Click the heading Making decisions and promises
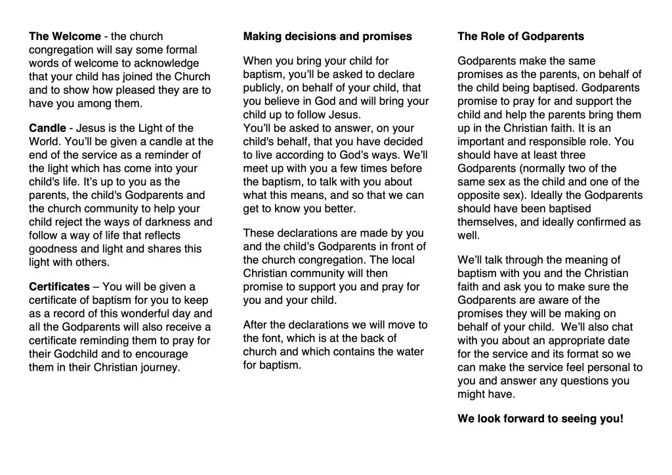coord(327,36)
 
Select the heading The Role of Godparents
coord(520,36)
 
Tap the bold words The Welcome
coord(65,36)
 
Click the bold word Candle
coord(47,128)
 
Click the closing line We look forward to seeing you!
coord(540,419)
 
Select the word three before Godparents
coord(584,155)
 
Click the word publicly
coord(262,88)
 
